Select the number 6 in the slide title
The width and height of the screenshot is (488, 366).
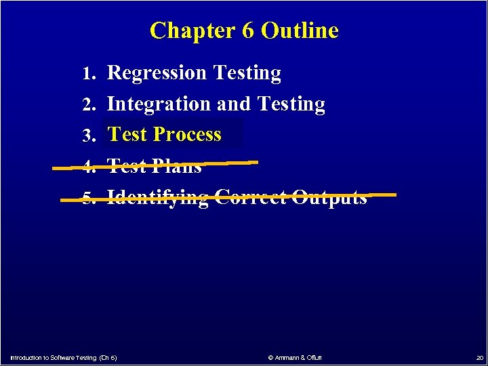(245, 30)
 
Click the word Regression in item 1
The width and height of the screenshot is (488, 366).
(157, 73)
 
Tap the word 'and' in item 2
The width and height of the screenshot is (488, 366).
(235, 104)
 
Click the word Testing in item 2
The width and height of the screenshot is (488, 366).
(291, 104)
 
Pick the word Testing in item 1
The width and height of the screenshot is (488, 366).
(247, 73)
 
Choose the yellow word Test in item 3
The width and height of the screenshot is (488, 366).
(127, 134)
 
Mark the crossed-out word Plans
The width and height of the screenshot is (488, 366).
(177, 166)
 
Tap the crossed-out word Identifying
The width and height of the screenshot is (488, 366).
(158, 198)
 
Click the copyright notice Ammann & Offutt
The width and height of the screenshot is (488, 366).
(295, 357)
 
